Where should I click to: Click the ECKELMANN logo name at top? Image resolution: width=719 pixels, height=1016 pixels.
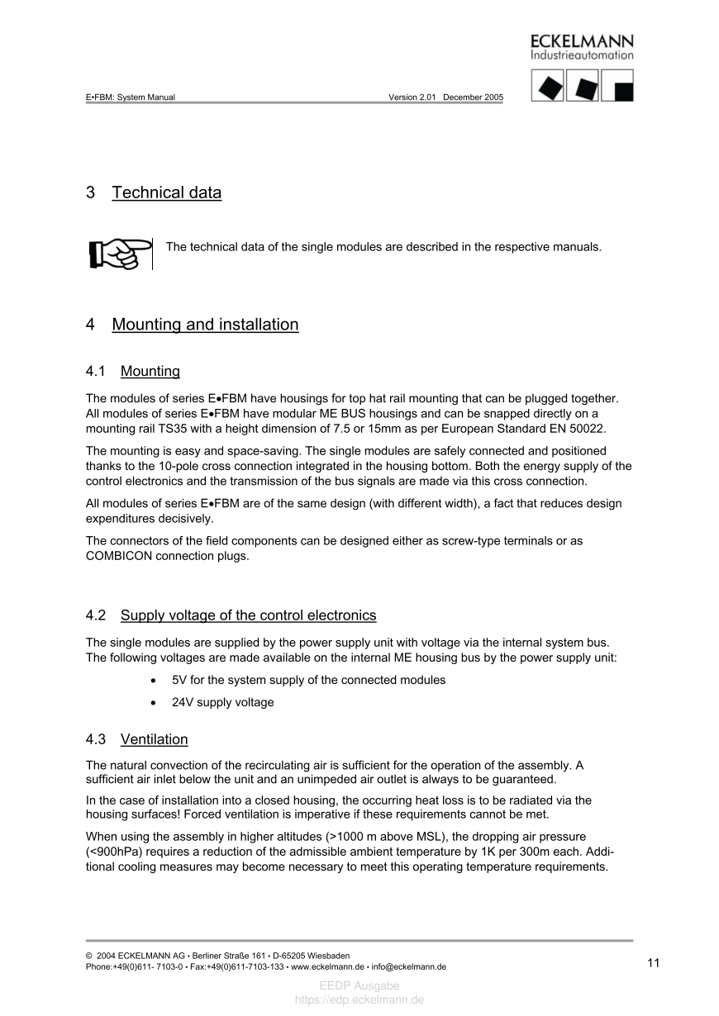582,41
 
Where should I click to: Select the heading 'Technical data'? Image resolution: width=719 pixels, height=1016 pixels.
167,192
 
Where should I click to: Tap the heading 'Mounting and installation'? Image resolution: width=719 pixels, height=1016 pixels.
205,325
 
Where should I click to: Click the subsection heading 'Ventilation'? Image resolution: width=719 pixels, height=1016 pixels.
155,739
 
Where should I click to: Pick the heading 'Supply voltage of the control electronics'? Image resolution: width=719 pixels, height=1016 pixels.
248,615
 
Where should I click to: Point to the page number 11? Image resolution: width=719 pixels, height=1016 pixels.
654,962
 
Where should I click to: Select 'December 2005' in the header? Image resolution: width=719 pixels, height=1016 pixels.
473,97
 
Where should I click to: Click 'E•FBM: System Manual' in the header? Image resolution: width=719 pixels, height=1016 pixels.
131,97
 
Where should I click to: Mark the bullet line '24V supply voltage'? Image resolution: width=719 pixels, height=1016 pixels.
222,702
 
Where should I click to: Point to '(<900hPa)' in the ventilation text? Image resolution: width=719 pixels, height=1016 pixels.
113,852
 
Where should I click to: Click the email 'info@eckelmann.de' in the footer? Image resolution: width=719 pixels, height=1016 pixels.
408,966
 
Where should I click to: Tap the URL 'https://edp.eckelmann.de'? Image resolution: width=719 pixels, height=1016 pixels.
359,999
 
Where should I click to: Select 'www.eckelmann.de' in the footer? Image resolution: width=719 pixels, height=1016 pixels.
327,966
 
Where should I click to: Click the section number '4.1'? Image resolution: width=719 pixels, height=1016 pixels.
97,371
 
